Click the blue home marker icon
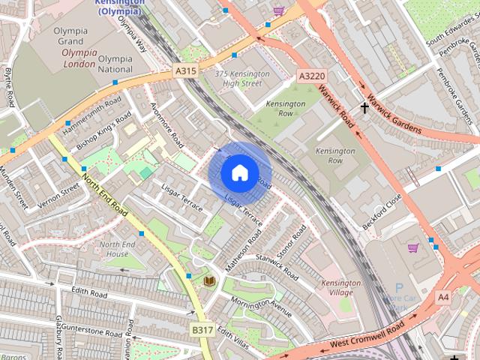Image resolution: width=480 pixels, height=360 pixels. point(239,173)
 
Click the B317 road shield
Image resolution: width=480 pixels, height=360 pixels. point(201,329)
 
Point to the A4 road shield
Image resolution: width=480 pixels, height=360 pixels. point(443,298)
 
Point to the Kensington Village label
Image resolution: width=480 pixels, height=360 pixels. point(341,288)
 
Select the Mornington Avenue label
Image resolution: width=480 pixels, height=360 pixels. point(261,307)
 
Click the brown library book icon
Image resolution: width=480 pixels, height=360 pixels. point(209,281)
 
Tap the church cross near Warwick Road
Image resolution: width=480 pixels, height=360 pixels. point(364,108)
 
